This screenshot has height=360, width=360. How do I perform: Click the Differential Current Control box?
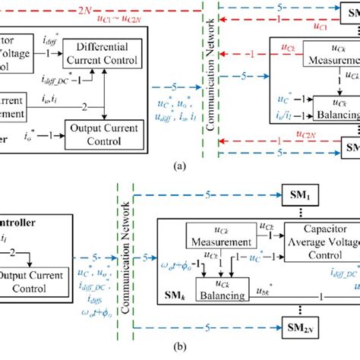click(108, 52)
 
